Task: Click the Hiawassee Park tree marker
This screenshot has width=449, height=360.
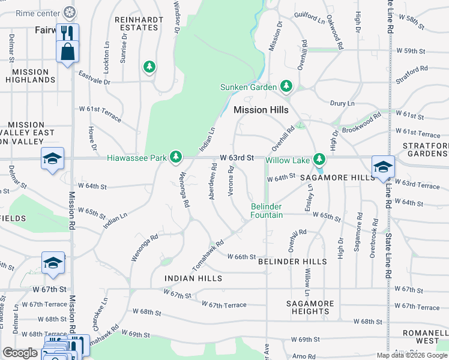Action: click(x=175, y=157)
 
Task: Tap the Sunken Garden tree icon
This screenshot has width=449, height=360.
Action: click(x=286, y=87)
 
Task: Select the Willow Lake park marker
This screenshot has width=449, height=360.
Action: click(x=320, y=159)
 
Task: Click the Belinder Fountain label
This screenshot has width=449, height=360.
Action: click(x=266, y=211)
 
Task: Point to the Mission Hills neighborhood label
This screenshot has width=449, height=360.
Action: click(x=261, y=110)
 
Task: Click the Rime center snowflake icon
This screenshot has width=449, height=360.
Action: click(x=70, y=12)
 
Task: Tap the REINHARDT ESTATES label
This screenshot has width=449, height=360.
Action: click(x=139, y=23)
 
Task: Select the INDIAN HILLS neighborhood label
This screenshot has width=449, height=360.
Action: click(x=193, y=278)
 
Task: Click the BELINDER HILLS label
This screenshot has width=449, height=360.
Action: click(x=292, y=262)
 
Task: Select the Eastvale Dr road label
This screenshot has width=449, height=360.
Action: click(x=95, y=77)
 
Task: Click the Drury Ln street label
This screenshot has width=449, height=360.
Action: click(x=342, y=103)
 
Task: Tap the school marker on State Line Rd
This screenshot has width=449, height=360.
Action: click(x=382, y=166)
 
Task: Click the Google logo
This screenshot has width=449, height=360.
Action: click(x=20, y=353)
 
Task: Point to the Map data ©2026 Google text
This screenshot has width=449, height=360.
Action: click(x=412, y=355)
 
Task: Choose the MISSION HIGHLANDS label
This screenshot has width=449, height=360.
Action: click(x=30, y=76)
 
